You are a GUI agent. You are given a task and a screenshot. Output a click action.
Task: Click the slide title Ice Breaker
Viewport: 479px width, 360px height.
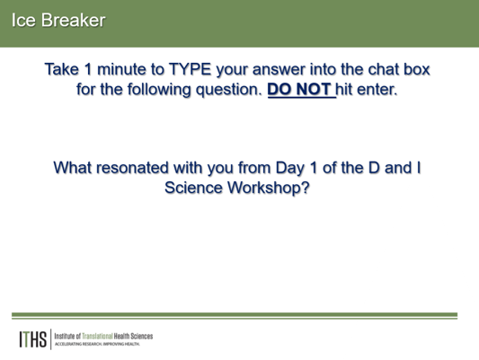coord(58,20)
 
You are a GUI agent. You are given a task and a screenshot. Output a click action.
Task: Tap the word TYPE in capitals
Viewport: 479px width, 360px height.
coord(190,69)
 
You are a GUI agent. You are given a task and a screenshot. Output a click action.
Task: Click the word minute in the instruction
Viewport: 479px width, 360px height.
coord(121,69)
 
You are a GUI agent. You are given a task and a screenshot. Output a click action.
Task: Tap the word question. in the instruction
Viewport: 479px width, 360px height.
coord(229,90)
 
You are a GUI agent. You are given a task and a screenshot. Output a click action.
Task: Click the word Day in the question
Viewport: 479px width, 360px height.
coord(290,168)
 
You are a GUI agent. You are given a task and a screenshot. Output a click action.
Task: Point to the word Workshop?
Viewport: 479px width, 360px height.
coord(269,188)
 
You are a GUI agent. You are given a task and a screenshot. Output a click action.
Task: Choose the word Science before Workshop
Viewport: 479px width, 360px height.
coord(194,188)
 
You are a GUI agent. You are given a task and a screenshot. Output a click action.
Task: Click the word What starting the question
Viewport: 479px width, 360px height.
coord(73,168)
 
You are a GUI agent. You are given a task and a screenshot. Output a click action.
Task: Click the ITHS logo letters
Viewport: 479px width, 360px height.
coord(32,339)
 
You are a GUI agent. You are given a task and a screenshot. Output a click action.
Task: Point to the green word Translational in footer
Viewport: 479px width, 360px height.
coord(97,336)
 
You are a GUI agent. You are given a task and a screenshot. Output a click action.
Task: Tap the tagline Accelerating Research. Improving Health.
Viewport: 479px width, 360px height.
coord(97,344)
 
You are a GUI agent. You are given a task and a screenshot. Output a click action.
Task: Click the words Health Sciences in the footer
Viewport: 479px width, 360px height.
coord(133,336)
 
